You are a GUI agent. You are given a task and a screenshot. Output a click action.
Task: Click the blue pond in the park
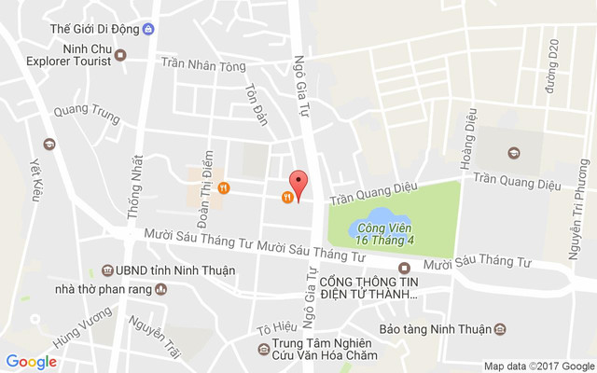[x=367, y=226]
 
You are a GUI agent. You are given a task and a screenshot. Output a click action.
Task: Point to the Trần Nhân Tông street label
[x=202, y=65]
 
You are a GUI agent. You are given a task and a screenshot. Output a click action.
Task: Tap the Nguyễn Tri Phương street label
[x=577, y=209]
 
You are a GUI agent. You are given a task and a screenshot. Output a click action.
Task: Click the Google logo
[x=31, y=362]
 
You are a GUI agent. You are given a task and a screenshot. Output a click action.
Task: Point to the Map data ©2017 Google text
[x=538, y=366]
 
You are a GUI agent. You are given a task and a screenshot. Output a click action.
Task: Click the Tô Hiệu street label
[x=276, y=328]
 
